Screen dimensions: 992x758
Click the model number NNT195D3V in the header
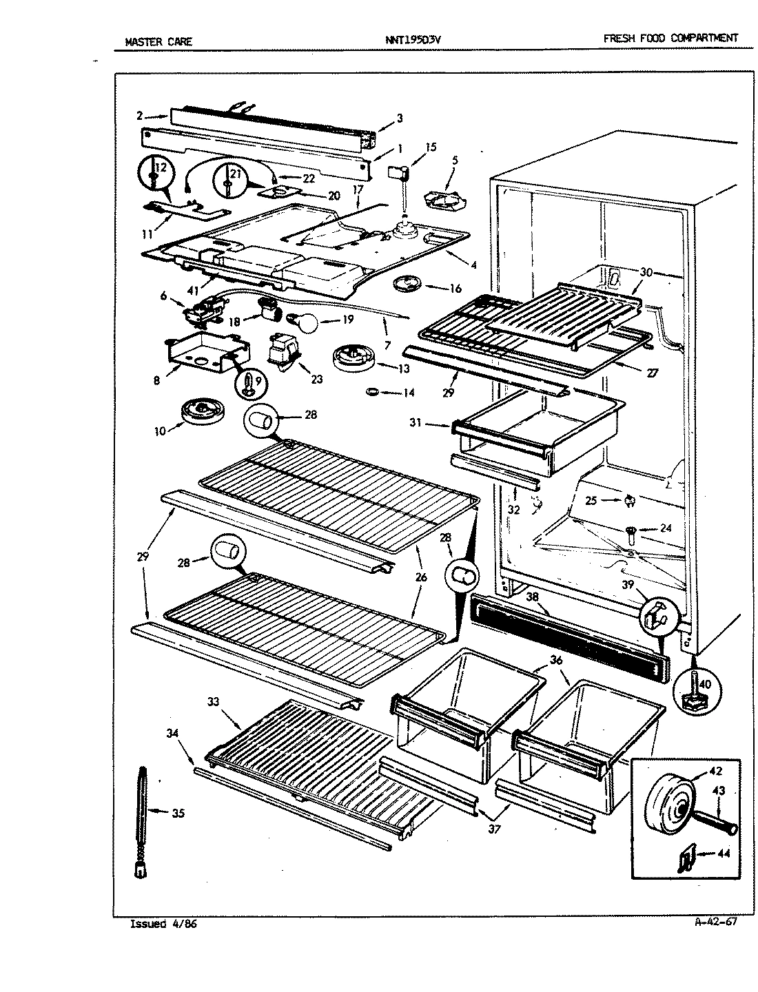(x=413, y=40)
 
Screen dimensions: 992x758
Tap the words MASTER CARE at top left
(x=158, y=41)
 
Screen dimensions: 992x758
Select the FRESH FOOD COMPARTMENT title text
(x=670, y=39)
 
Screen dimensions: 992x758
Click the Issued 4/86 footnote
(x=163, y=924)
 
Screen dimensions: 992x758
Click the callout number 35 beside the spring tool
(x=178, y=813)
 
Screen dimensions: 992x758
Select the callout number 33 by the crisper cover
(x=213, y=702)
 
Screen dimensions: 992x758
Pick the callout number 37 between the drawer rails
(x=493, y=829)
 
